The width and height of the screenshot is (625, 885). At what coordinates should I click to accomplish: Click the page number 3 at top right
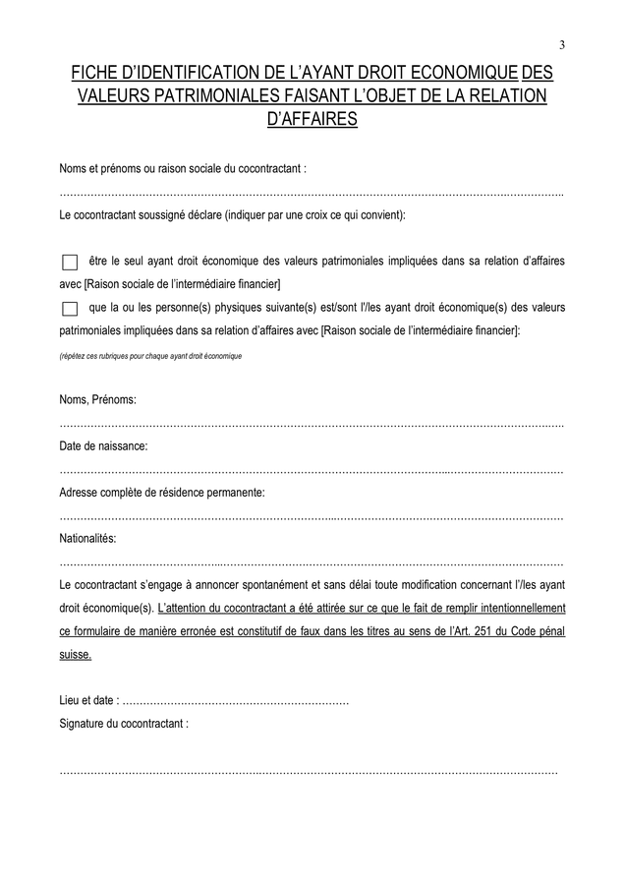point(562,44)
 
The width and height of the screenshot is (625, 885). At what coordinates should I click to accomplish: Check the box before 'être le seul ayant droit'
point(69,263)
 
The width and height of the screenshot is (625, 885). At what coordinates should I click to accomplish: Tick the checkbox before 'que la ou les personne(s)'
point(69,309)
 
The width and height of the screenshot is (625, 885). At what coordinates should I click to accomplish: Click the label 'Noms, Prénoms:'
point(97,400)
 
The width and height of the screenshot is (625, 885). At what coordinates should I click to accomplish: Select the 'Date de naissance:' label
point(103,446)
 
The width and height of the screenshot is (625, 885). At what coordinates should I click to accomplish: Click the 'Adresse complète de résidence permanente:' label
point(162,492)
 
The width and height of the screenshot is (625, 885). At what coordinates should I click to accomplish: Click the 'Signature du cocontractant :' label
point(124,723)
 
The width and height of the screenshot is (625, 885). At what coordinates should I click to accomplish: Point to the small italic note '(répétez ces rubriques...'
point(150,356)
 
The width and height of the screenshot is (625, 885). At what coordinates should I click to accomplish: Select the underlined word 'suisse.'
point(76,655)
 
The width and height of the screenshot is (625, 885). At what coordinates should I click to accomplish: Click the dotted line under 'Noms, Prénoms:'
point(312,425)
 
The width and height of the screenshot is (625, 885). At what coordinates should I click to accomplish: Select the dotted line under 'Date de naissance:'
point(312,471)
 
